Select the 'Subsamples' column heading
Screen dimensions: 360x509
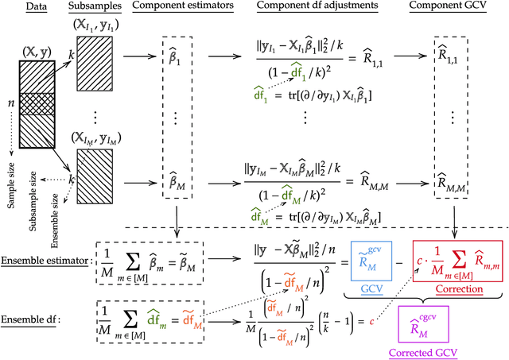[x=84, y=7]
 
